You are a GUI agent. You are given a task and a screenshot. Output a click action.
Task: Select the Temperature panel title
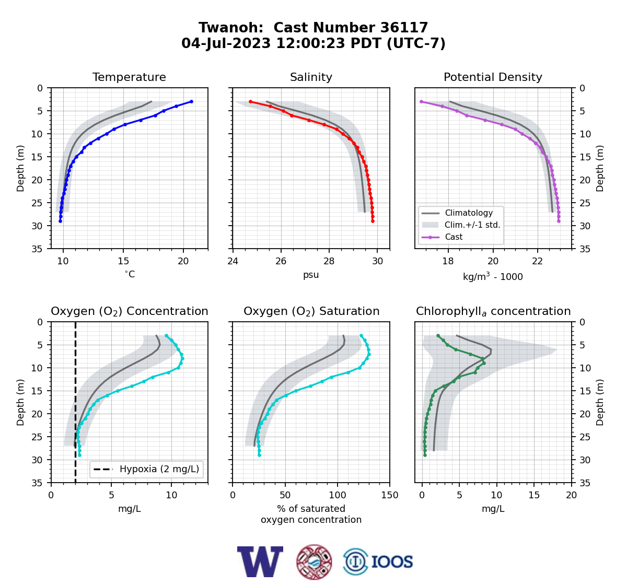point(129,77)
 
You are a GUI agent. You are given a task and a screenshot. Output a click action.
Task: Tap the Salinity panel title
point(311,77)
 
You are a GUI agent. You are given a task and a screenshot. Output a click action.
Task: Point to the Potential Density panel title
point(493,77)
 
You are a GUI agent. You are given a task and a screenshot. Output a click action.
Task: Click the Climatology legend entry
point(469,213)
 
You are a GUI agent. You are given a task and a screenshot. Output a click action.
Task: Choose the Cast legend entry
point(454,237)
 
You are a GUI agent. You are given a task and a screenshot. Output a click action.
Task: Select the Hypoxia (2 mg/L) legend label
point(159,469)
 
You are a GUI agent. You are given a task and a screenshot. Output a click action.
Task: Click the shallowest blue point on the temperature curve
point(191,102)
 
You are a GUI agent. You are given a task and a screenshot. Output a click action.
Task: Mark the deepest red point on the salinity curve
point(373,221)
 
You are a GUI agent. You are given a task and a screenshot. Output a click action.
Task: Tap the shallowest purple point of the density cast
point(421,102)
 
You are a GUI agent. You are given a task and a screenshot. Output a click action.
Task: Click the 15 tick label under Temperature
point(123,261)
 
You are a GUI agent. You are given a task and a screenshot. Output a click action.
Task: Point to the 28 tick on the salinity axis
point(329,261)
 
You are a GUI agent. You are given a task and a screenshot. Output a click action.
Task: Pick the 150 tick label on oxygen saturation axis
point(390,495)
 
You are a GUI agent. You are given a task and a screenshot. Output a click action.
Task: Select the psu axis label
point(311,275)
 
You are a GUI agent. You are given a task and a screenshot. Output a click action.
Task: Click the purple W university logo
point(260,562)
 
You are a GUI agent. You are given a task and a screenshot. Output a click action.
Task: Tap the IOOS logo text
point(392,562)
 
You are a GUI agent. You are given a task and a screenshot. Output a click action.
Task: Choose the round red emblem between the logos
point(314,562)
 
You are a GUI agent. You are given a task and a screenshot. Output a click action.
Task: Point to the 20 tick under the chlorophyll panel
point(571,495)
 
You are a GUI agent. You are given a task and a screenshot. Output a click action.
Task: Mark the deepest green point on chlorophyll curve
point(425,455)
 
